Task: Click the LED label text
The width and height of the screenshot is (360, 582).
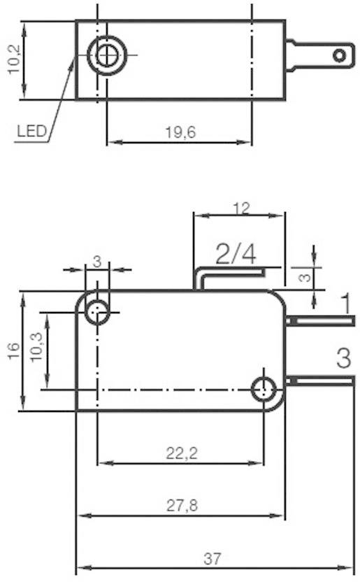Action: tap(32, 131)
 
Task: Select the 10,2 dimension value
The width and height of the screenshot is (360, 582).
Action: tap(13, 60)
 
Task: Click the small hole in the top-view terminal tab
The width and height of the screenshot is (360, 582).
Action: tap(339, 55)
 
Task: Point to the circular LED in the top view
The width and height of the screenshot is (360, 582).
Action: tap(106, 55)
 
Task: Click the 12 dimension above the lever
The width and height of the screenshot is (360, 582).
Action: tap(241, 208)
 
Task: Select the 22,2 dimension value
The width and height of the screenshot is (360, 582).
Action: tap(181, 453)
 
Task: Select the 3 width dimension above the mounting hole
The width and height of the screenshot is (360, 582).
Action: tap(97, 261)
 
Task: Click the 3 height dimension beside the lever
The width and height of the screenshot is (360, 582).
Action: tap(303, 277)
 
